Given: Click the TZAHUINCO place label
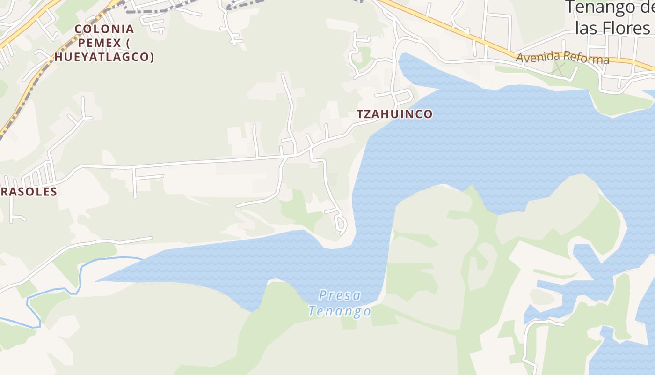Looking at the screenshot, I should [x=394, y=114].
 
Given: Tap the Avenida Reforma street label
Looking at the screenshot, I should [x=562, y=58].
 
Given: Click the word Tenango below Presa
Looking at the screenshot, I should [x=340, y=311].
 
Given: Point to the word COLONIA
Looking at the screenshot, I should [x=104, y=29].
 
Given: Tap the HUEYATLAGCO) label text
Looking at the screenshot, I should [x=107, y=57].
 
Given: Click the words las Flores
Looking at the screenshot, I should [x=612, y=28].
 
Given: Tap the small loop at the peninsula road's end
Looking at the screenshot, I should [x=342, y=225].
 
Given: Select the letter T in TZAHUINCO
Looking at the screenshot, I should [x=360, y=114].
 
